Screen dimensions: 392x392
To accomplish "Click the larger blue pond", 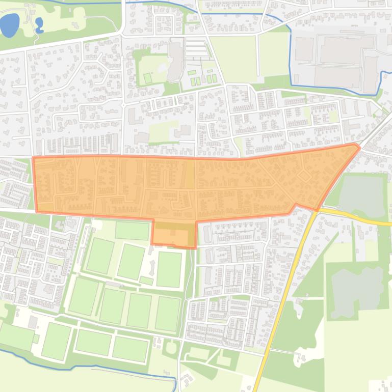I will pyautogui.click(x=10, y=25).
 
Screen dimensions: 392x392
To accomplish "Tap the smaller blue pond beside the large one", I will pyautogui.click(x=39, y=25).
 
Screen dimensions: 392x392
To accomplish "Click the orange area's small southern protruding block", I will pyautogui.click(x=174, y=234).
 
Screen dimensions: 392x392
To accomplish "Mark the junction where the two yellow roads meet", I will pyautogui.click(x=314, y=210).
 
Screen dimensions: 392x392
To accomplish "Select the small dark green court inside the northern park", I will pyautogui.click(x=147, y=78).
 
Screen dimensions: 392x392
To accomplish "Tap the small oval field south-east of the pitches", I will pyautogui.click(x=170, y=348).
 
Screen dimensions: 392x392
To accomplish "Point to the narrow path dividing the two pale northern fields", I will pyautogui.click(x=257, y=56).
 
